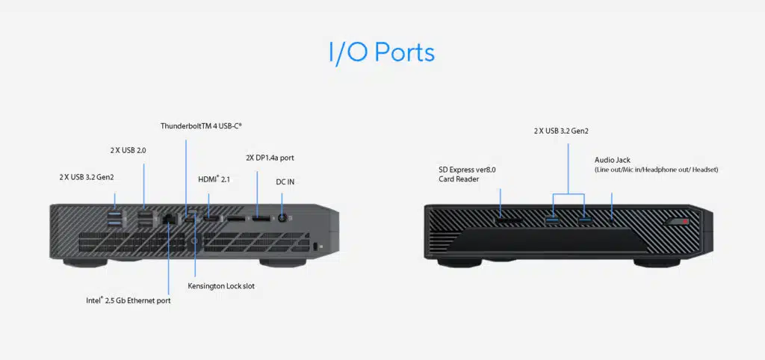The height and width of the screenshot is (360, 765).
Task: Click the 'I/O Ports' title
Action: click(x=381, y=53)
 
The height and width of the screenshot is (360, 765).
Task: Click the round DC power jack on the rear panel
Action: click(x=282, y=218)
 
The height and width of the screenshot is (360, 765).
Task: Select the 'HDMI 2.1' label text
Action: click(x=214, y=179)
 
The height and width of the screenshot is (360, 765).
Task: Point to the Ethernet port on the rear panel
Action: click(x=169, y=219)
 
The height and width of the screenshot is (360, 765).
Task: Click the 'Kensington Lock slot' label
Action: click(x=223, y=286)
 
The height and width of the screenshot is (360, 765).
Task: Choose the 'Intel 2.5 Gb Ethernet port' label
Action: click(x=128, y=301)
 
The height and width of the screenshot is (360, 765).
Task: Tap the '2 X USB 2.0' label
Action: click(x=128, y=150)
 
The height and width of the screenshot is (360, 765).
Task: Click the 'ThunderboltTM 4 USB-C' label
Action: click(x=201, y=125)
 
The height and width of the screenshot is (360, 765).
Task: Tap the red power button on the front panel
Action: click(x=681, y=221)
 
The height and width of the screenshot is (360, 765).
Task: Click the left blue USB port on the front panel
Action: click(x=552, y=220)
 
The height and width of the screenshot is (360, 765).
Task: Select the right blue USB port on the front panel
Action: click(x=584, y=220)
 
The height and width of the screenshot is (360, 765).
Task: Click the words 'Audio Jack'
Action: click(x=613, y=160)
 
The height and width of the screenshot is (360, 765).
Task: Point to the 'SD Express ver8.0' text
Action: click(x=467, y=170)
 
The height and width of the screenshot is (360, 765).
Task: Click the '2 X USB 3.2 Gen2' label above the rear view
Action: click(x=92, y=177)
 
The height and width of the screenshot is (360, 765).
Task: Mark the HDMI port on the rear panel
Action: click(x=211, y=218)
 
